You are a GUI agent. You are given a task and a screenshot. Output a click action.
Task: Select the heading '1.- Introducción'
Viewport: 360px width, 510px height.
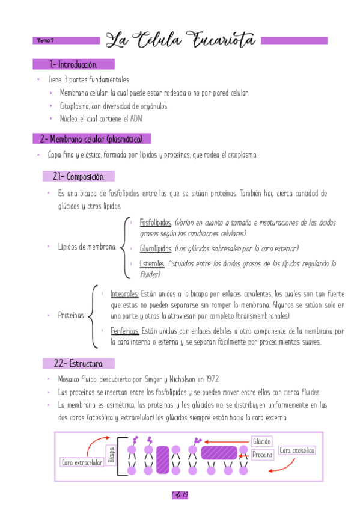pos(73,64)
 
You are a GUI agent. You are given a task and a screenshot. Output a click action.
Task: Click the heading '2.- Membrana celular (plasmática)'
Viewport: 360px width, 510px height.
pos(91,139)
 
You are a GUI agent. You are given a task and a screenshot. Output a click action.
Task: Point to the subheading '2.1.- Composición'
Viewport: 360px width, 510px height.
pos(78,177)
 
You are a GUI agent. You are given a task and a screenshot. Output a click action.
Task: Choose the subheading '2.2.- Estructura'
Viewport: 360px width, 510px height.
pos(78,364)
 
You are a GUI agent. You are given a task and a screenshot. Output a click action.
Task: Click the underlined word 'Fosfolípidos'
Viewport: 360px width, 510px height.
pos(156,223)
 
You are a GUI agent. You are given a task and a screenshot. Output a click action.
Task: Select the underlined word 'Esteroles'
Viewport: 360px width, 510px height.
pos(152,263)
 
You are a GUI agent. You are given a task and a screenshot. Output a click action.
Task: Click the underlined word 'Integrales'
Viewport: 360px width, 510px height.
pos(125,294)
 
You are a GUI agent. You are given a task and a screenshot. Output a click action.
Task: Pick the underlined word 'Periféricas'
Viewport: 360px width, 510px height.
pos(125,331)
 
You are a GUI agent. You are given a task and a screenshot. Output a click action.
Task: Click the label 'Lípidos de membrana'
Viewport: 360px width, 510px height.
pos(87,247)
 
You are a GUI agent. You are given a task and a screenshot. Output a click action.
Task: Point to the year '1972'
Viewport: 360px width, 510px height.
pos(210,379)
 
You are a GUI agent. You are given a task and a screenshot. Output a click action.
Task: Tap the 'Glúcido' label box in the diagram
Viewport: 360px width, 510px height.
pos(261,441)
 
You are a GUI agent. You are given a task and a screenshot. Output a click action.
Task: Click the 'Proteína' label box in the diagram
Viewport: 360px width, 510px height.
pos(262,455)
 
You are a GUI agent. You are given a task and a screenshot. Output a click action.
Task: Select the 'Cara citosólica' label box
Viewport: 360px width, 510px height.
pos(297,450)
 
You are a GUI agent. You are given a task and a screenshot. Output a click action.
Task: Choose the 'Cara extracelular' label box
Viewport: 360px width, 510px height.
pos(82,462)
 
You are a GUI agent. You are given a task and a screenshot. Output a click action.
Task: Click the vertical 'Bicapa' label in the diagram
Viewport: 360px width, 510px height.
pos(111,455)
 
